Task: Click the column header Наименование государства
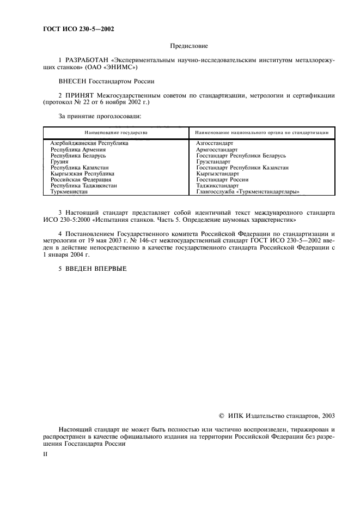click(115, 132)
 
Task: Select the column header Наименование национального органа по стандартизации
click(261, 132)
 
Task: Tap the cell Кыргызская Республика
click(82, 173)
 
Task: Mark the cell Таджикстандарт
click(217, 185)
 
